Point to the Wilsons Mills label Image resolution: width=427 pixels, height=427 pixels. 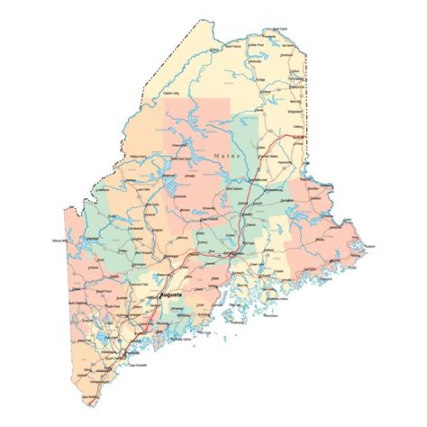pos(56,241)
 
